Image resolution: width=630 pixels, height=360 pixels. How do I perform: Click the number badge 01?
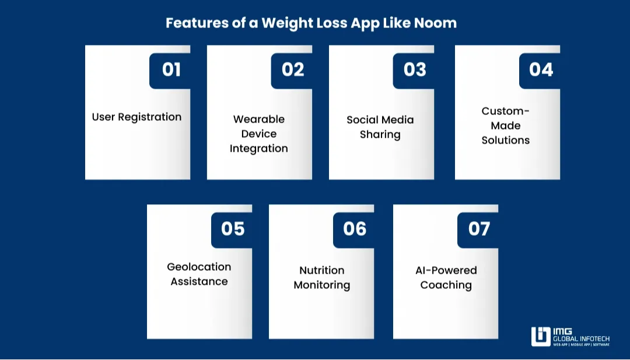click(x=171, y=70)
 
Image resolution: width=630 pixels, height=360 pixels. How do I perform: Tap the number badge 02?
click(x=292, y=70)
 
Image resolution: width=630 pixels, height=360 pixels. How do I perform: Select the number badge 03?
click(x=414, y=70)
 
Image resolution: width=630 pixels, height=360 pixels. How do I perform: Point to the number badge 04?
click(x=540, y=70)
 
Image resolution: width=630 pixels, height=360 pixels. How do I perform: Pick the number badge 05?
click(x=232, y=229)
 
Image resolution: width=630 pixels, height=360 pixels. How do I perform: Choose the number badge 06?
click(x=354, y=229)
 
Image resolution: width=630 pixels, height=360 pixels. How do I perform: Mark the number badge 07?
click(x=478, y=229)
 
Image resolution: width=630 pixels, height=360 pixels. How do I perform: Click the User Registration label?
click(x=136, y=117)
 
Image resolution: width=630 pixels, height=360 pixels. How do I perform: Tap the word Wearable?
click(x=258, y=119)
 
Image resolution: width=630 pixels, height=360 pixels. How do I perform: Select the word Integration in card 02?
click(x=258, y=148)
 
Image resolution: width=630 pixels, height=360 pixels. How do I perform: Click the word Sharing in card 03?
click(x=380, y=134)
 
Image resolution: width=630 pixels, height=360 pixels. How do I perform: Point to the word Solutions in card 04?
click(x=505, y=140)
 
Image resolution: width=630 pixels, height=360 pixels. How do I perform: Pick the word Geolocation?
click(x=199, y=267)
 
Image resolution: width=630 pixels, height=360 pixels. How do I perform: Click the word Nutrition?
click(x=321, y=270)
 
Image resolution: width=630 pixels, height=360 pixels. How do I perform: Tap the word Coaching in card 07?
click(x=446, y=285)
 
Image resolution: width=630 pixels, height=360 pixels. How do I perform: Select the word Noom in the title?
click(x=435, y=23)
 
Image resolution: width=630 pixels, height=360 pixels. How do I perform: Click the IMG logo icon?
click(x=540, y=337)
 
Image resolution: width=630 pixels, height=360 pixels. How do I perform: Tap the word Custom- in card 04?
click(x=505, y=111)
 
